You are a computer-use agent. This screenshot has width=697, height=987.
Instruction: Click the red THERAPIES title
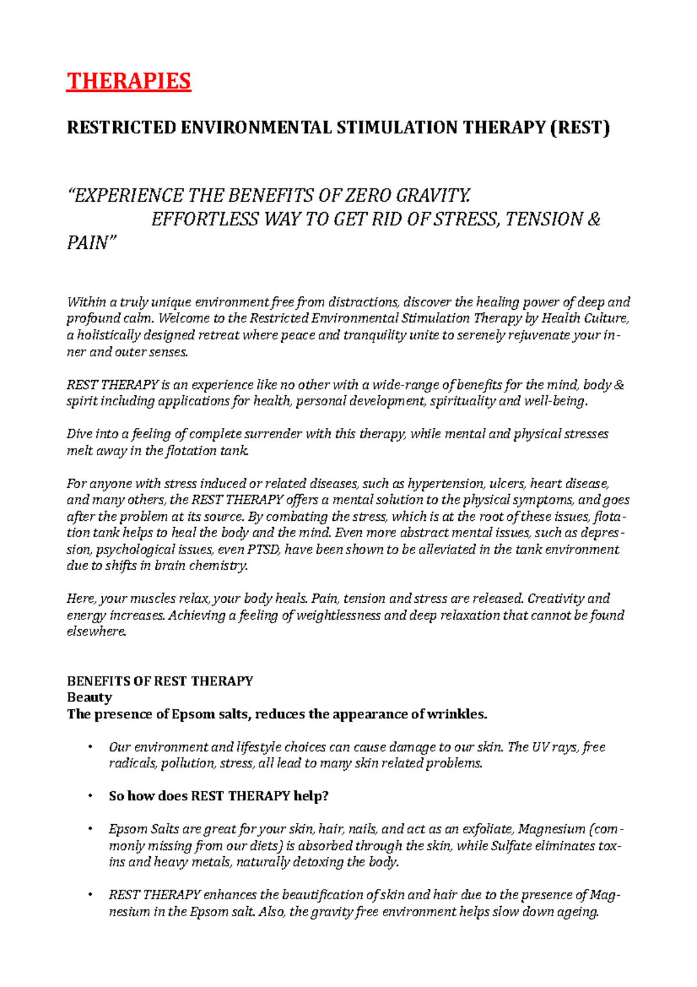click(128, 81)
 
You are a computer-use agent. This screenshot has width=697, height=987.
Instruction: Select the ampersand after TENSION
click(594, 219)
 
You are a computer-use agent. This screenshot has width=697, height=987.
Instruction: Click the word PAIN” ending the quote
click(92, 243)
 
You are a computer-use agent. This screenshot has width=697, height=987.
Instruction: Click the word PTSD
click(264, 549)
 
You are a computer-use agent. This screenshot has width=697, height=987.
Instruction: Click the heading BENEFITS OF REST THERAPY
click(160, 681)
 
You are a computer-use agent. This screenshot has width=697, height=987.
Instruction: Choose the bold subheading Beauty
click(89, 697)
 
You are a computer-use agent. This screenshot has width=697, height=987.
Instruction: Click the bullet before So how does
click(89, 796)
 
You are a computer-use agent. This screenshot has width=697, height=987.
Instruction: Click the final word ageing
click(574, 911)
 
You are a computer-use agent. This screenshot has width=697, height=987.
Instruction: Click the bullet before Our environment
click(89, 747)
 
